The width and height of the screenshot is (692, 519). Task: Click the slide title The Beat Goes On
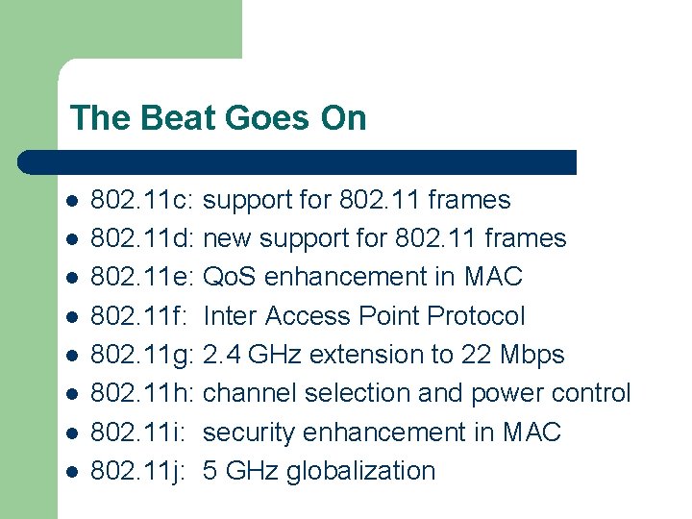[x=218, y=118]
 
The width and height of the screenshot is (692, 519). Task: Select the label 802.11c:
[x=143, y=200]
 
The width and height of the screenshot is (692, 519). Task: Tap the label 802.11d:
[x=143, y=238]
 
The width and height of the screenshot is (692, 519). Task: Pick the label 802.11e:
[x=143, y=277]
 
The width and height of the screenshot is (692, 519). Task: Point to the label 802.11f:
[x=139, y=316]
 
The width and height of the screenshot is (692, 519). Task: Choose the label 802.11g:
[x=143, y=355]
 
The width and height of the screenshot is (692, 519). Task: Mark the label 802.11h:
[x=143, y=393]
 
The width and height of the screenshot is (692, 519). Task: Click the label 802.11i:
[x=137, y=432]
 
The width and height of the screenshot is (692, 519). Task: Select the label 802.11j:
[x=137, y=471]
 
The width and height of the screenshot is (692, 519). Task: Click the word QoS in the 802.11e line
[x=231, y=277]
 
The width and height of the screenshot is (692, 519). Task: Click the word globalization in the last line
[x=360, y=471]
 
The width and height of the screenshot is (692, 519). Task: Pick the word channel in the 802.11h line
[x=250, y=393]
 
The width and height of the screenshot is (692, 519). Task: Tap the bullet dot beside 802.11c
[x=71, y=201]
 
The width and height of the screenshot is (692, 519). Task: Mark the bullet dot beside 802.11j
[x=71, y=472]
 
